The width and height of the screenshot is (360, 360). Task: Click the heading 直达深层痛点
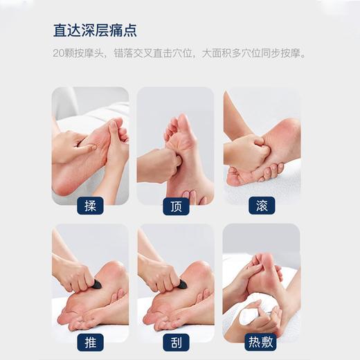[95, 30]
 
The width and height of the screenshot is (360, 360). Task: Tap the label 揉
[90, 206]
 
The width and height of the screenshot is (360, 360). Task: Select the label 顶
[175, 206]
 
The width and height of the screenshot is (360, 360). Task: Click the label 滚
[261, 206]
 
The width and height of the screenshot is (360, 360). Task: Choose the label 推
[90, 341]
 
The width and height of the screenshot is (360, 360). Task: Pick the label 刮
[175, 341]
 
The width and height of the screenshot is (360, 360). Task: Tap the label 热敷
[261, 341]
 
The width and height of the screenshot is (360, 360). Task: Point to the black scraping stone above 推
[96, 284]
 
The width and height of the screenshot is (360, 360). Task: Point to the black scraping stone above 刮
[181, 284]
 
